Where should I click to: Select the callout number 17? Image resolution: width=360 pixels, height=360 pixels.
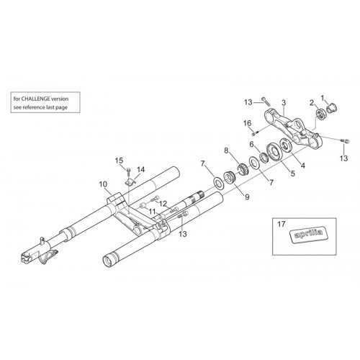pos(282,224)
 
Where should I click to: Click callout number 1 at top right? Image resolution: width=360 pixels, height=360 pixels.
pos(323,98)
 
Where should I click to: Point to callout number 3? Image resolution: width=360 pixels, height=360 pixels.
pos(284,103)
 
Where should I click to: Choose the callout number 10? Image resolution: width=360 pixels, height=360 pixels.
pos(103,184)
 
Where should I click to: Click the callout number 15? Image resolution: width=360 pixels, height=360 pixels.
pos(119,161)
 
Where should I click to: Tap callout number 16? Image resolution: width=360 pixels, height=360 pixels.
pos(248,123)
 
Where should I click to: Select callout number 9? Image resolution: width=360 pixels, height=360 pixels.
pos(247,197)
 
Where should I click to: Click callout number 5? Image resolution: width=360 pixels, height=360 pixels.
pos(292,174)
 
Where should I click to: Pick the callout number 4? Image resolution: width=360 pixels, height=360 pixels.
pos(303,166)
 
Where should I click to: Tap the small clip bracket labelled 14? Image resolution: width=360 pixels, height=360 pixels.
pos(131,181)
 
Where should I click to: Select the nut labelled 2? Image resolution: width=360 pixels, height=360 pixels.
pos(320,114)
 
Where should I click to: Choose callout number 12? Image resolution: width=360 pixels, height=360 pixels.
pos(163,204)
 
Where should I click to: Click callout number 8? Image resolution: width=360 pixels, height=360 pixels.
pos(226,151)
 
